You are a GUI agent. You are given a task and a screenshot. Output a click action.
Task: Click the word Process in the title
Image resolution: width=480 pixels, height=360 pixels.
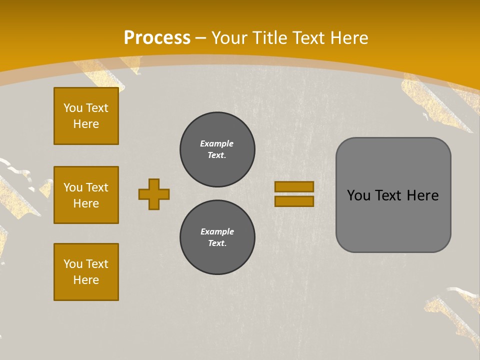(x=157, y=38)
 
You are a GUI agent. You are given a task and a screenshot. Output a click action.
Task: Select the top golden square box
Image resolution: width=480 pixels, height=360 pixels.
(x=86, y=116)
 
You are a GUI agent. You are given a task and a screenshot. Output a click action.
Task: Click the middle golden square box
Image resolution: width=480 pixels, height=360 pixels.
(x=86, y=195)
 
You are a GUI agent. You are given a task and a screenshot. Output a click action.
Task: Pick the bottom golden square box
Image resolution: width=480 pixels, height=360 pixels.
(x=86, y=272)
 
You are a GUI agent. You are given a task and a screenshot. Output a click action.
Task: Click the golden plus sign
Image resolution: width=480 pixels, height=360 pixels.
(x=154, y=194)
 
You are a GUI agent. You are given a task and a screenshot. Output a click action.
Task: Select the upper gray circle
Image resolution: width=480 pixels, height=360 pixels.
(x=217, y=149)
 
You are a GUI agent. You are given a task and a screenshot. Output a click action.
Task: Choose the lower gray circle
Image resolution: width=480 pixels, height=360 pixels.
(x=217, y=237)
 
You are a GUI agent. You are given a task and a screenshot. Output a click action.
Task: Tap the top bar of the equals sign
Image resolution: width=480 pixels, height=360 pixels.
(x=294, y=186)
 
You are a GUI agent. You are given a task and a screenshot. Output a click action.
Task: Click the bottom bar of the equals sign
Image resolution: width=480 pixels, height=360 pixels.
(x=294, y=201)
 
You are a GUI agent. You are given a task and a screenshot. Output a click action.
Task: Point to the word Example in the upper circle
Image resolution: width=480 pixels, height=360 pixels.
(x=217, y=143)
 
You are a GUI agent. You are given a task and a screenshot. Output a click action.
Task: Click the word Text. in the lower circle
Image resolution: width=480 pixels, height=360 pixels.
(x=217, y=243)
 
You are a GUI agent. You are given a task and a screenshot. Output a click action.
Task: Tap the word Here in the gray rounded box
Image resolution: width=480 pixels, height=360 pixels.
(x=422, y=195)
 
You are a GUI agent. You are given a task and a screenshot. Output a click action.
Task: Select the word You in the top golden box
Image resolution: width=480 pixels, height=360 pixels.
(x=73, y=108)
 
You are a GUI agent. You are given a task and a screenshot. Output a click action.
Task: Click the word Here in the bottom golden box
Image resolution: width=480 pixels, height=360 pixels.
(x=86, y=280)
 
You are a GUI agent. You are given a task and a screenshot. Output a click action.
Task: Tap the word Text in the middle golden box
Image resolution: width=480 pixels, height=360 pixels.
(x=97, y=187)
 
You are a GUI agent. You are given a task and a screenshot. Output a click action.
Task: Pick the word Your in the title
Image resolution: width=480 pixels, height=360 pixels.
(x=229, y=38)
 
